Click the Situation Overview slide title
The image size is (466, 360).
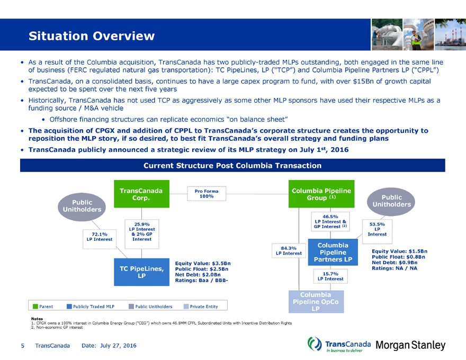[x=92, y=36]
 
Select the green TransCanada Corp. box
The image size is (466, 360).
[x=141, y=194]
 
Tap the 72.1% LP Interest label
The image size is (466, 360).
[x=100, y=236]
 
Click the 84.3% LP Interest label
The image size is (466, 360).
[x=288, y=250]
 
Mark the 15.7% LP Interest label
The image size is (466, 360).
[x=330, y=276]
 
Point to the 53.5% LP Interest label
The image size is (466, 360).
[x=377, y=229]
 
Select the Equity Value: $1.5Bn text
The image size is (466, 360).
[x=400, y=251]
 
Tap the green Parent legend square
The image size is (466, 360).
[x=35, y=306]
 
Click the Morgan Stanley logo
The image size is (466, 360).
[x=410, y=345]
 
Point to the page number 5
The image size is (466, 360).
[x=22, y=345]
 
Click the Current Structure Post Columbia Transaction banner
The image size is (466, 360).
[x=232, y=166]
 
